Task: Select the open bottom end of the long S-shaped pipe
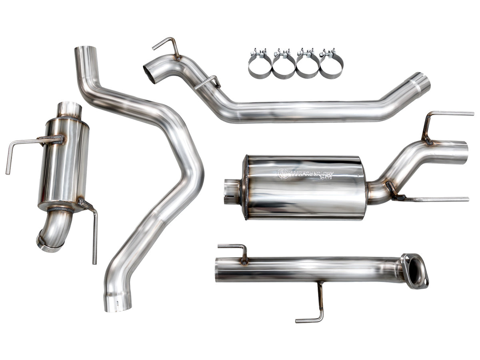[x=118, y=304]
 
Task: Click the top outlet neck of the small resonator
[x=69, y=108]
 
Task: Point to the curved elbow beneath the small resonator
[x=54, y=232]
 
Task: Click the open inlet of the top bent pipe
[x=150, y=73]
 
